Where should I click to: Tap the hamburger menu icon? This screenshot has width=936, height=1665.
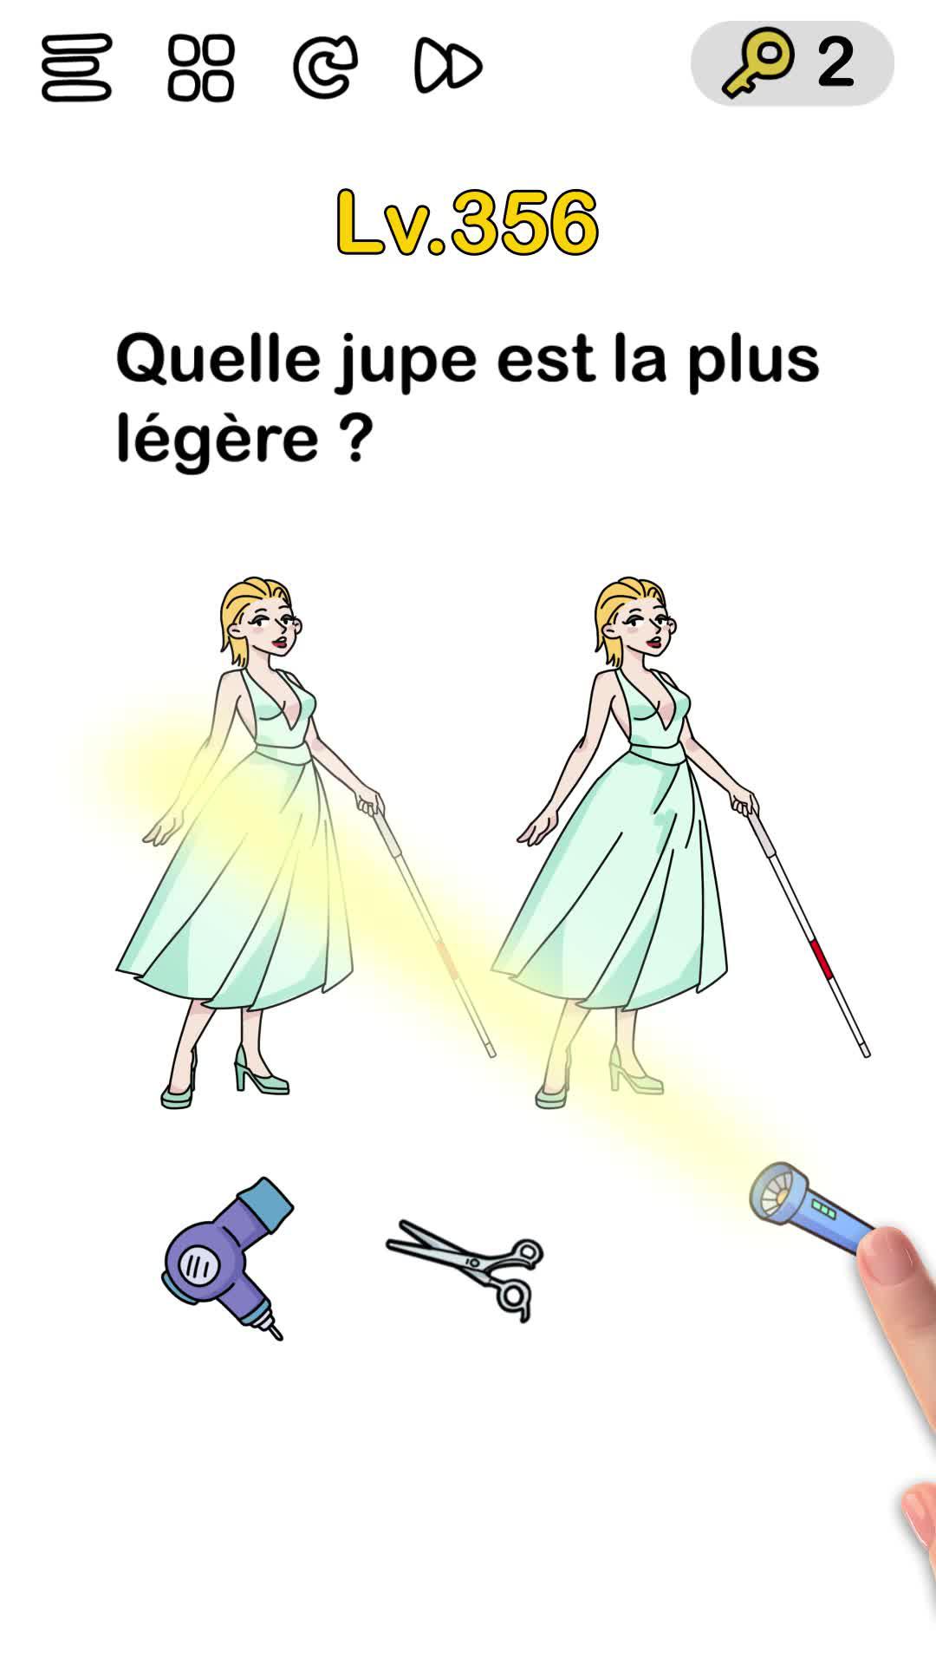point(76,67)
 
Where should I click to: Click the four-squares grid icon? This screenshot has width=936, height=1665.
point(201,67)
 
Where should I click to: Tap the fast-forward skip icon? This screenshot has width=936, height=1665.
point(448,65)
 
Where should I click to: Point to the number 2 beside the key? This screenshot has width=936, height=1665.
point(835,62)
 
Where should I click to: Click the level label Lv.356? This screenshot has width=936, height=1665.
point(467,223)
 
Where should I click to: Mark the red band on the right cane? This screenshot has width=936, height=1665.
point(819,957)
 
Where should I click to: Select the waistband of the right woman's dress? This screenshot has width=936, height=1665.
point(657,753)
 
